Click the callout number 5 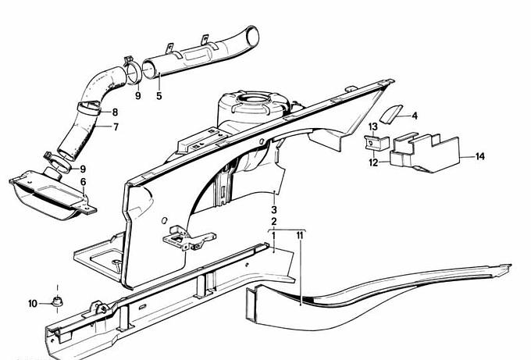pos(159,96)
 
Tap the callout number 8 pos(115,112)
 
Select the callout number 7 pos(116,127)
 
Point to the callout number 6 pos(83,182)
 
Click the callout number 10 pos(33,304)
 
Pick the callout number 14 pos(480,156)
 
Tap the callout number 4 pos(415,116)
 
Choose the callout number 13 pos(372,127)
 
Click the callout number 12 pos(373,163)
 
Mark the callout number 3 pos(273,209)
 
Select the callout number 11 pos(300,235)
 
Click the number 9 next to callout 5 pos(137,96)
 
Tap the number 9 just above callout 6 pos(83,169)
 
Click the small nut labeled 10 pos(57,301)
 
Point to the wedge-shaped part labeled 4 pos(390,115)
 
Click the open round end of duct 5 pos(253,35)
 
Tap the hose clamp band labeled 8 pos(89,108)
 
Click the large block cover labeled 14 pos(425,153)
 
